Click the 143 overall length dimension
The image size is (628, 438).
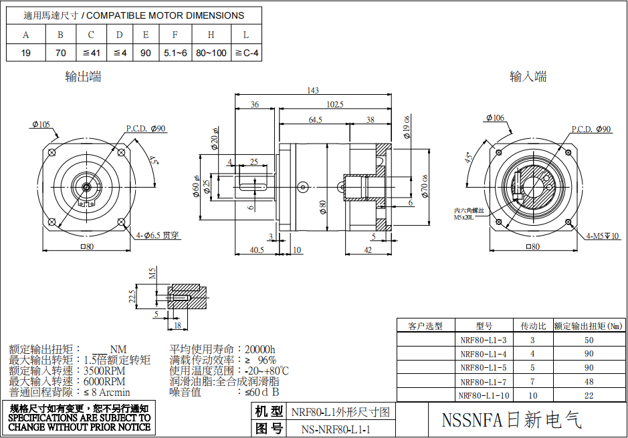pyautogui.click(x=312, y=91)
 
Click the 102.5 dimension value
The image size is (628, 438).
pyautogui.click(x=334, y=104)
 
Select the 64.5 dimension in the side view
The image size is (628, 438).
pyautogui.click(x=315, y=120)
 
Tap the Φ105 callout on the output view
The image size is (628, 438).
pyautogui.click(x=41, y=124)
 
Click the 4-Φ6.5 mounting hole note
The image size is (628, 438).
pyautogui.click(x=157, y=235)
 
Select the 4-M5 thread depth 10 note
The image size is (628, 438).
pyautogui.click(x=603, y=236)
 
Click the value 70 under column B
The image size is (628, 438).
pyautogui.click(x=61, y=52)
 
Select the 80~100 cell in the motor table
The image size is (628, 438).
pyautogui.click(x=211, y=52)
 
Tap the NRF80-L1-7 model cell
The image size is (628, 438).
pyautogui.click(x=483, y=382)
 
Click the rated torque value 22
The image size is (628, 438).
pyautogui.click(x=589, y=396)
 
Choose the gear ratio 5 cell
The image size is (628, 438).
pyautogui.click(x=532, y=368)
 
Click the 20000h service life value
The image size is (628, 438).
pyautogui.click(x=260, y=349)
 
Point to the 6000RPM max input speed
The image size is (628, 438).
pyautogui.click(x=104, y=381)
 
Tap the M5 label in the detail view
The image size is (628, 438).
pyautogui.click(x=152, y=273)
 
